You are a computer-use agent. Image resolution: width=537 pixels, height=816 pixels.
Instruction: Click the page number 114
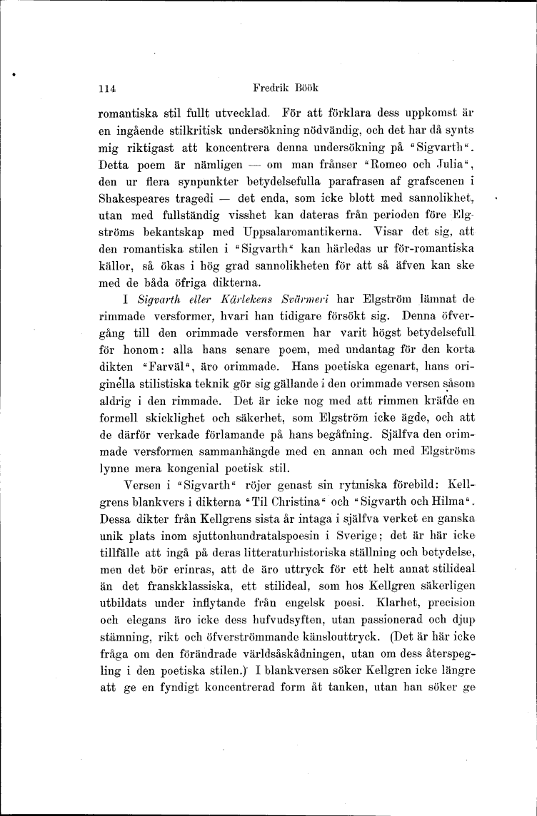(107, 89)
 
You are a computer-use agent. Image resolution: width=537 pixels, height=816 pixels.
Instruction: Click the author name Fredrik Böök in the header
(285, 88)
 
